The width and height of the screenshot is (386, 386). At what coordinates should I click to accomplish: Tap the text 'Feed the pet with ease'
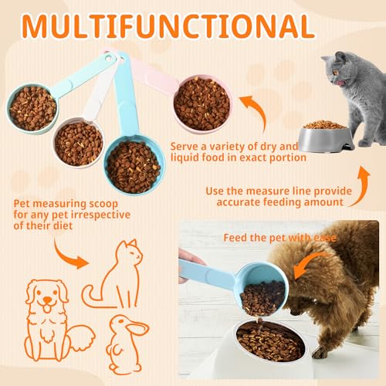click(x=279, y=238)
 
